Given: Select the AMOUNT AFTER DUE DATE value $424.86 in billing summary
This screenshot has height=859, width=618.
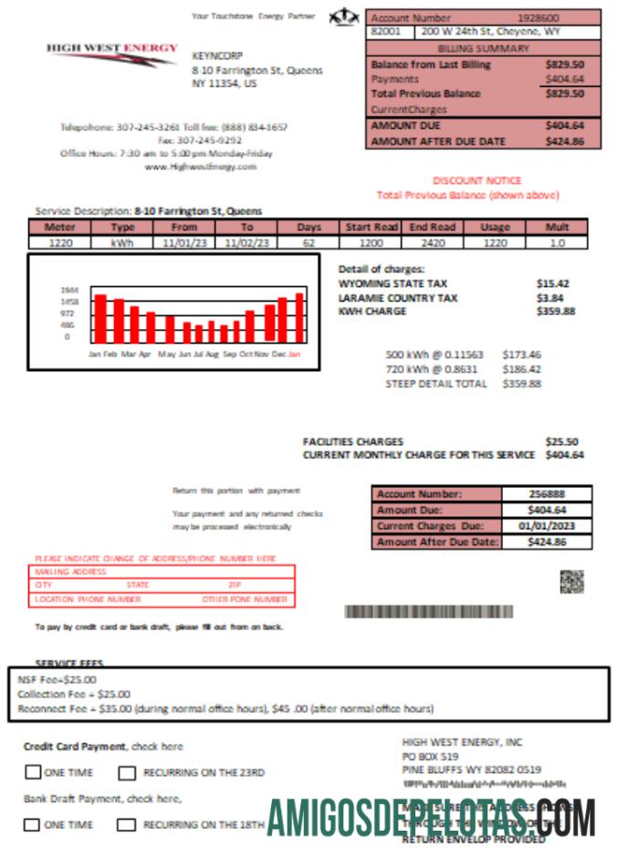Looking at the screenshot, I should coord(563,142).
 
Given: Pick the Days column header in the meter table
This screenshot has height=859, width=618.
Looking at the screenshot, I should coord(309,228).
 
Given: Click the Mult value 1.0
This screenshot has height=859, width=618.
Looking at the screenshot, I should coord(557,243).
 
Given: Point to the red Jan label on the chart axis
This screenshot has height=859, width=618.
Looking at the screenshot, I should coord(294,353).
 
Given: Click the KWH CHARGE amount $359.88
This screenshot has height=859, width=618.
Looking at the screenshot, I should coord(556,311).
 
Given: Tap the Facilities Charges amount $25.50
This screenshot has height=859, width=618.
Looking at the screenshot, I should coord(560,441).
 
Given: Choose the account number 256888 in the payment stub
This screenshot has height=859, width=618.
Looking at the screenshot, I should coord(545,494).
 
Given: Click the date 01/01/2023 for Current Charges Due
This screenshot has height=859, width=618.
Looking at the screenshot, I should coord(545,526).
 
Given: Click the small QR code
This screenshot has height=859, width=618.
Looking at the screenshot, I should coord(571,581).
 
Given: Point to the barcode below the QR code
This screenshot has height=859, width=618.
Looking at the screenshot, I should coord(428,611).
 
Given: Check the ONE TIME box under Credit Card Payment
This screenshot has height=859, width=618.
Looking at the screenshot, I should coord(33,772).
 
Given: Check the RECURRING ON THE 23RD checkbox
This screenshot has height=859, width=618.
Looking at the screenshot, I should coord(127,772).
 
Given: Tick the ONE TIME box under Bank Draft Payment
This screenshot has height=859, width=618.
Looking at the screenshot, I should coord(33,824).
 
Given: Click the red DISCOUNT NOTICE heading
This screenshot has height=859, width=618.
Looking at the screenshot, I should coord(477,181).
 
